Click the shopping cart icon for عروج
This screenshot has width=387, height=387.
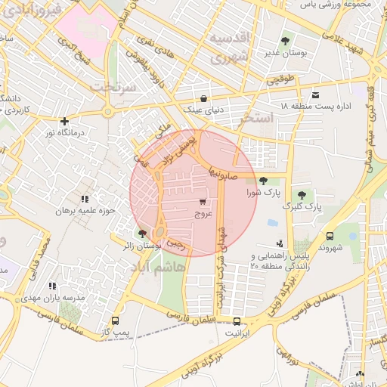202,202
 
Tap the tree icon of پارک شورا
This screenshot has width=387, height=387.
262,181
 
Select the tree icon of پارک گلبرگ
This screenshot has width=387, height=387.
302,194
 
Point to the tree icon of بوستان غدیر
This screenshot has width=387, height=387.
285,41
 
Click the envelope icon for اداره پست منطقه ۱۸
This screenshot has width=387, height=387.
315,94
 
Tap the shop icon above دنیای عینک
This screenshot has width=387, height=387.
203,98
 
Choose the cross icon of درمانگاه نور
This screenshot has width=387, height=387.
65,120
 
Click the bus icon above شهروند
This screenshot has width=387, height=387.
330,236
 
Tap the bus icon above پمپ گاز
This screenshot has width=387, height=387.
114,320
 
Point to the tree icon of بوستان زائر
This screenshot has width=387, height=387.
143,233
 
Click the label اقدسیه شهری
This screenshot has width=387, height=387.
227,47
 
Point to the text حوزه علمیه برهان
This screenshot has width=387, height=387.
84,210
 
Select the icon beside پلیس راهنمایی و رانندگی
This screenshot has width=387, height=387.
280,243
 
